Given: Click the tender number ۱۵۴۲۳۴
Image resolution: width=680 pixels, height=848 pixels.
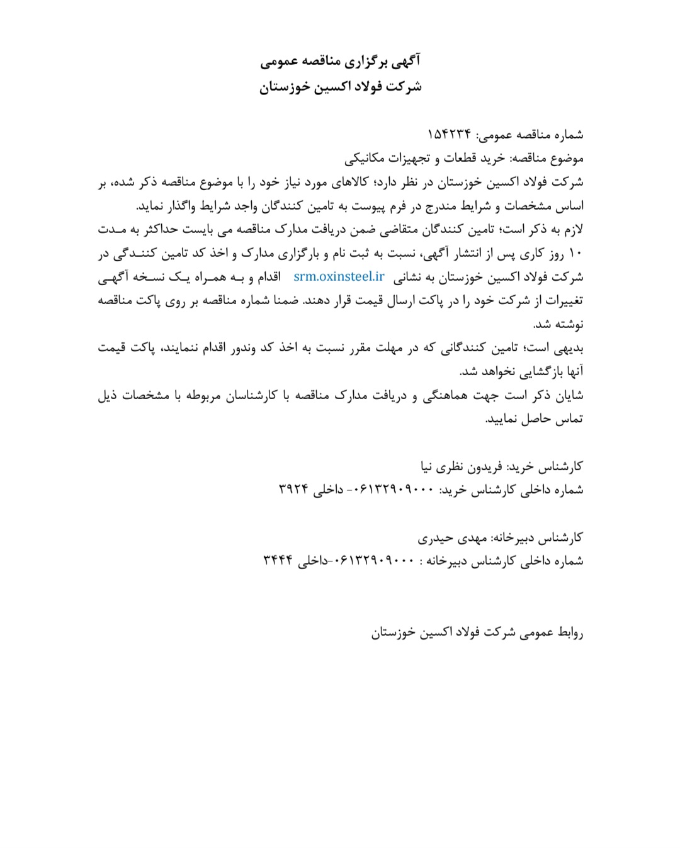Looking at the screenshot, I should click(450, 135).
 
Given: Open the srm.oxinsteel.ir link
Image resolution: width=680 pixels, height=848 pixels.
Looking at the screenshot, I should click(339, 276).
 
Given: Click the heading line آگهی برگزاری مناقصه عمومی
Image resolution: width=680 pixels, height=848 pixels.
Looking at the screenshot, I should click(340, 62).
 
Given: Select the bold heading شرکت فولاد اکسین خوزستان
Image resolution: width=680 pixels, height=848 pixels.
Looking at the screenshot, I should click(340, 86).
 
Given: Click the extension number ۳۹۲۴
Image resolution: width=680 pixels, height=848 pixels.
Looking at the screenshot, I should click(293, 490).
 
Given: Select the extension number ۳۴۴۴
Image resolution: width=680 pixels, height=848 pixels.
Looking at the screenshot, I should click(278, 561).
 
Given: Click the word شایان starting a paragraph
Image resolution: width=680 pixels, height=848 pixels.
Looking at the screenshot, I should click(568, 395).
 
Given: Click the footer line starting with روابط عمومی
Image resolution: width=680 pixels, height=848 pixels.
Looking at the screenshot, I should click(477, 633).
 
